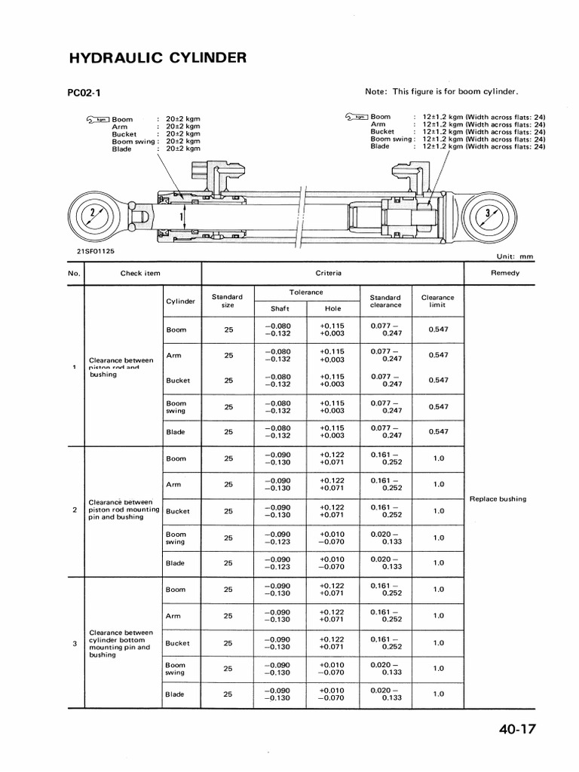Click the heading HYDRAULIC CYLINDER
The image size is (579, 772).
[157, 58]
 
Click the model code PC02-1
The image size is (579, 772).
[84, 93]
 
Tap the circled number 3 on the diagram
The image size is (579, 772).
[489, 213]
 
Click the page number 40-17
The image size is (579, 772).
[519, 729]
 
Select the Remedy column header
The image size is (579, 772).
[504, 273]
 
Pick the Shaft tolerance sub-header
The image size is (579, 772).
[280, 308]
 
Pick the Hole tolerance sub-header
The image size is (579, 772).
[332, 308]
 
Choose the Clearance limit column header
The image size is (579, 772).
[437, 301]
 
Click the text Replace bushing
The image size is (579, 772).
[498, 499]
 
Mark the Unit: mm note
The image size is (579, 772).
[516, 256]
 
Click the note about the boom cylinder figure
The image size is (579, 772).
[442, 92]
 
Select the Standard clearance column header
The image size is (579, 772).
[386, 301]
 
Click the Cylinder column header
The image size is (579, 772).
[180, 301]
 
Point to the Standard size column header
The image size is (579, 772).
[227, 301]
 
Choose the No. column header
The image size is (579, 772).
[74, 273]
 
